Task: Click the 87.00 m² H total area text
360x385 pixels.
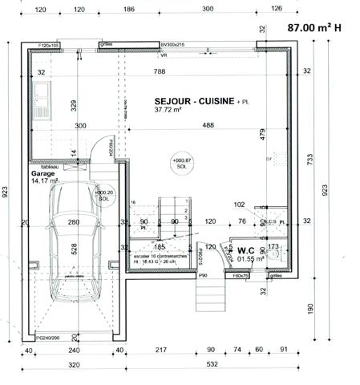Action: coord(314,27)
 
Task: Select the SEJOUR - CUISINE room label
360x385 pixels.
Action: coord(194,101)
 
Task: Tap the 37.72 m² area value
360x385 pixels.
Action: coord(169,111)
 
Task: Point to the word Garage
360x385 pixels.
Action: coord(42,173)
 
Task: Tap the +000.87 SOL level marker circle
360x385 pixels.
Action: coord(182,163)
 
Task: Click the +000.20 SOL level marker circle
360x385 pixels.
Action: coord(105,194)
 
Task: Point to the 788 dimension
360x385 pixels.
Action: coord(160,72)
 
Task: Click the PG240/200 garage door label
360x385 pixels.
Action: coord(32,338)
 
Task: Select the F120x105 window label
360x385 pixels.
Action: coord(50,46)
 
